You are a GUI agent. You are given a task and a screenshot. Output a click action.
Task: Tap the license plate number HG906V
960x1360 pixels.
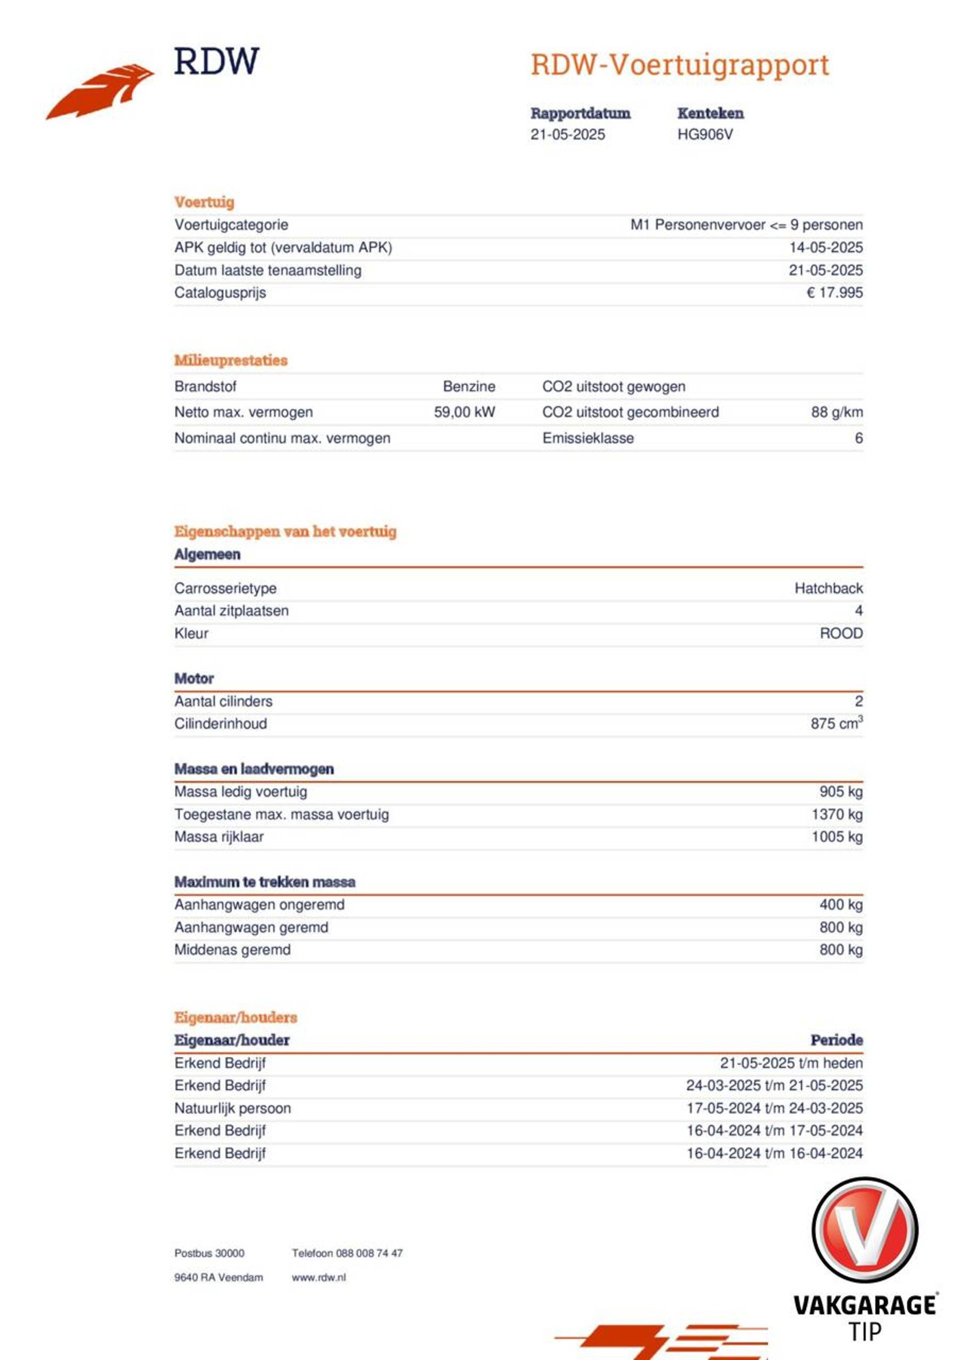click(x=705, y=135)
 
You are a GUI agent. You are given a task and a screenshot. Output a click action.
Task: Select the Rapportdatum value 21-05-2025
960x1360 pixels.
click(x=567, y=135)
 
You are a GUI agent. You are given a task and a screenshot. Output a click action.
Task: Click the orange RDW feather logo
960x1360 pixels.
click(x=100, y=92)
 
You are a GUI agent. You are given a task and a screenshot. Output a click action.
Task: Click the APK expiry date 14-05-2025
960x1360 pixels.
click(x=825, y=248)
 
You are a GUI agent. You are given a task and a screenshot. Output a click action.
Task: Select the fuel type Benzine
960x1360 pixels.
click(x=468, y=387)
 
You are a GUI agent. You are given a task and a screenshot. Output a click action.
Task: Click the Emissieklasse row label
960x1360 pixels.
click(x=587, y=438)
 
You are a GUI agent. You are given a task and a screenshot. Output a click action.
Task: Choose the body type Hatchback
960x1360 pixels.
click(x=828, y=588)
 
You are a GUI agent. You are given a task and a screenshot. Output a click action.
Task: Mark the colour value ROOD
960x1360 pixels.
click(x=840, y=633)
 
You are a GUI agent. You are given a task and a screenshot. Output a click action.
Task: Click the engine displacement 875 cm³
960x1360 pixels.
click(x=835, y=723)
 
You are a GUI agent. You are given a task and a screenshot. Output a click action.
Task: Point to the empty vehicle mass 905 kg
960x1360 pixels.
click(x=840, y=792)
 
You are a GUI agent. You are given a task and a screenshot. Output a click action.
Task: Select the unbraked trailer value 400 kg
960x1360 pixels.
click(x=840, y=904)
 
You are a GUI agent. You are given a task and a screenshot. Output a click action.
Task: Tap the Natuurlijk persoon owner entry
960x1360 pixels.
click(x=232, y=1108)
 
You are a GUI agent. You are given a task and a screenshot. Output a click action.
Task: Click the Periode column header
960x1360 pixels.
click(x=835, y=1040)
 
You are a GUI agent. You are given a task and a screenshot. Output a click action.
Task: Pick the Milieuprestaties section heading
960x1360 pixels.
click(x=230, y=360)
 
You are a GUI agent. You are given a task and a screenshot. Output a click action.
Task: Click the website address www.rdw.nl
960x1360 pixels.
click(x=318, y=1277)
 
